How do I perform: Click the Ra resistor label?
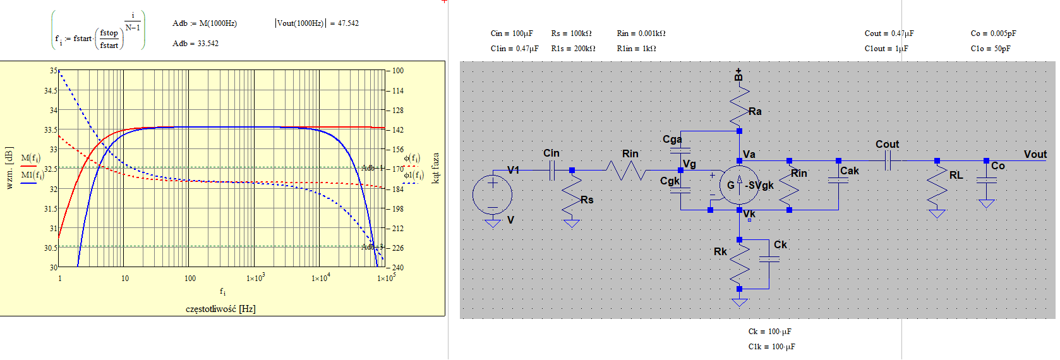[x=755, y=112]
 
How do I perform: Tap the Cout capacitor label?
[x=887, y=145]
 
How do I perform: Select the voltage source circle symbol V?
[x=492, y=194]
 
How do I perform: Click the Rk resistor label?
[x=720, y=252]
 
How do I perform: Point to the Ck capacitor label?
[x=780, y=245]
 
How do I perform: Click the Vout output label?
[x=1035, y=155]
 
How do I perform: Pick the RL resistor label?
[x=956, y=176]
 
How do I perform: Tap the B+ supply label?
[x=738, y=75]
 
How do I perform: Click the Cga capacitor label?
[x=672, y=140]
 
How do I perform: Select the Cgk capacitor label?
[x=670, y=181]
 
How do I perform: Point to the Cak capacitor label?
[x=849, y=171]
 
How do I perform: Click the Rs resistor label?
[x=587, y=200]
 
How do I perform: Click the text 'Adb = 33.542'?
[x=195, y=44]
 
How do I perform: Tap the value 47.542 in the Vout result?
[x=348, y=23]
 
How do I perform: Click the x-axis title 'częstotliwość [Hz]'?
[x=220, y=309]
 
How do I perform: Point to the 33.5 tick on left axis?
[x=51, y=130]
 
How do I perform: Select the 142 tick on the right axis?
[x=398, y=130]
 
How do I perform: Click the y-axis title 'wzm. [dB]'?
[x=9, y=168]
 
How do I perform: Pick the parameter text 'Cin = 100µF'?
[x=512, y=33]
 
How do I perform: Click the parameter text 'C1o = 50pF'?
[x=991, y=49]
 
